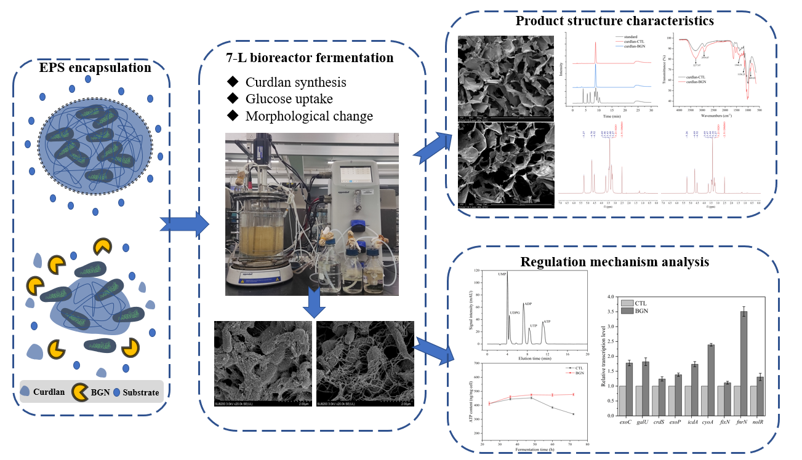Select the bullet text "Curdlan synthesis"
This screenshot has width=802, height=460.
295,82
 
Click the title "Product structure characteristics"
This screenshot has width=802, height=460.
614,21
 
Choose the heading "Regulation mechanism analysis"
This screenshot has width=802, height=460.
614,262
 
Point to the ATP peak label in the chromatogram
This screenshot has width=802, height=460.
547,322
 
